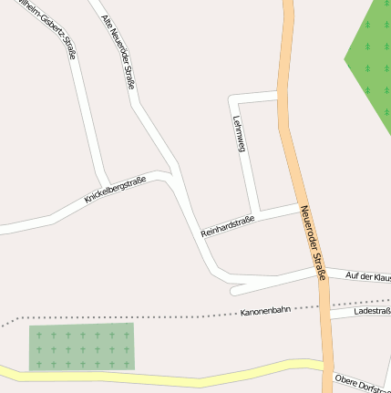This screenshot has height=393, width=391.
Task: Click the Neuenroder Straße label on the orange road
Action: (x=312, y=241)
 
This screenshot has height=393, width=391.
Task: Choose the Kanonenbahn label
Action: (x=264, y=311)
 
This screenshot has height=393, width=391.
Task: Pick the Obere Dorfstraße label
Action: (x=361, y=383)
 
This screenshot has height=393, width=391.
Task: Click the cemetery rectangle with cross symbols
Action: (x=81, y=346)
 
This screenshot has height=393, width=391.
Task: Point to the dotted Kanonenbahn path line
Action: (x=137, y=316)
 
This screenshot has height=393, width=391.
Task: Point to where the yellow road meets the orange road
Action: (x=324, y=366)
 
